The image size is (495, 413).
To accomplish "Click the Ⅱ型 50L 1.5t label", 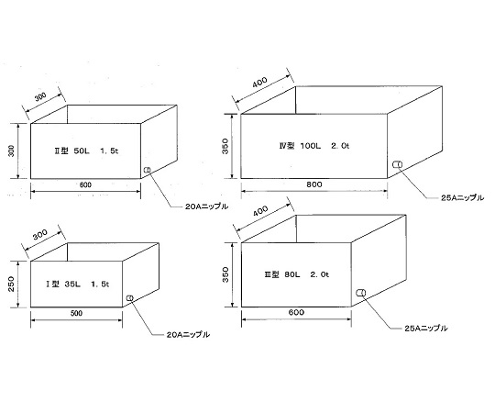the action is [86, 151].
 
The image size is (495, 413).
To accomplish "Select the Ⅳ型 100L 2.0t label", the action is [314, 146].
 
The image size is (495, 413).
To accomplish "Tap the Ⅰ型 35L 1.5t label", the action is [77, 285].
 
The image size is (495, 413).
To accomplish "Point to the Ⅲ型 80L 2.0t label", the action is [297, 274].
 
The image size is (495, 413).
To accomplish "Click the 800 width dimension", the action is [314, 184].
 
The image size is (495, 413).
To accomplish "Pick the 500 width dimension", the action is [76, 313].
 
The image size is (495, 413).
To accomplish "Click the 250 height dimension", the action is [11, 284].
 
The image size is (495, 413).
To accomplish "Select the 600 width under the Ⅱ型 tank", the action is [85, 184].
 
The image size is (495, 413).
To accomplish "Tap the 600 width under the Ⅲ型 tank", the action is [296, 312].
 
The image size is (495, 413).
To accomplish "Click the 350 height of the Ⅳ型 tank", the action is [225, 146].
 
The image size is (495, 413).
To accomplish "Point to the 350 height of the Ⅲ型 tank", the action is [225, 274].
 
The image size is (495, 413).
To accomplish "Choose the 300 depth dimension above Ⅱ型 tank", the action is [40, 96].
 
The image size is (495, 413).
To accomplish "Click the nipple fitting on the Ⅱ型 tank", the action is [147, 170].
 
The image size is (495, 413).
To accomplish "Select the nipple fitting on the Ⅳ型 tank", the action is [397, 164].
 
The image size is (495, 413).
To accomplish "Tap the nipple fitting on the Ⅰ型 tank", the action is [129, 297].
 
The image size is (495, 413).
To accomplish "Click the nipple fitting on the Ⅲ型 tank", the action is [361, 293].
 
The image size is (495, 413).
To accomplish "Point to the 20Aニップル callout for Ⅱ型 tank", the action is [206, 206].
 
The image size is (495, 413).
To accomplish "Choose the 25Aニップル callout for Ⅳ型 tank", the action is [463, 198].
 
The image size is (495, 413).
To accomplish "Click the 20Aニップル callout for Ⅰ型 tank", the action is [188, 335].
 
